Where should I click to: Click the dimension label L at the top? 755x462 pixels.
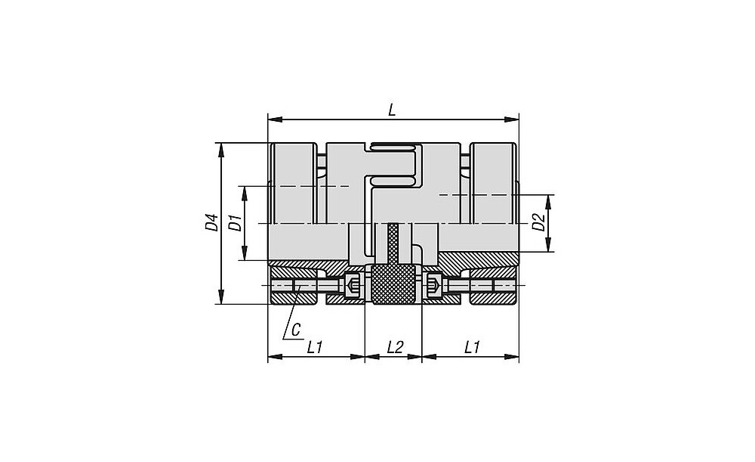pos(392,110)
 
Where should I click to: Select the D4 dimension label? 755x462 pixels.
pos(211,222)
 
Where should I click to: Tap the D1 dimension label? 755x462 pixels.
pos(235,223)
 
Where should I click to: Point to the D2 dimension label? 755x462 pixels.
pos(539,222)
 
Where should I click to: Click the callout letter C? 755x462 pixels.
pos(296,330)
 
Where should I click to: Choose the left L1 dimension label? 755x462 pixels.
pos(314,347)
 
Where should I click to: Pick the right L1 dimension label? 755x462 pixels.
pos(472,347)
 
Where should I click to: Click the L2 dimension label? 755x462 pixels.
pos(394,347)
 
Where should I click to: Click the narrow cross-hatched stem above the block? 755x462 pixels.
pos(393,243)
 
